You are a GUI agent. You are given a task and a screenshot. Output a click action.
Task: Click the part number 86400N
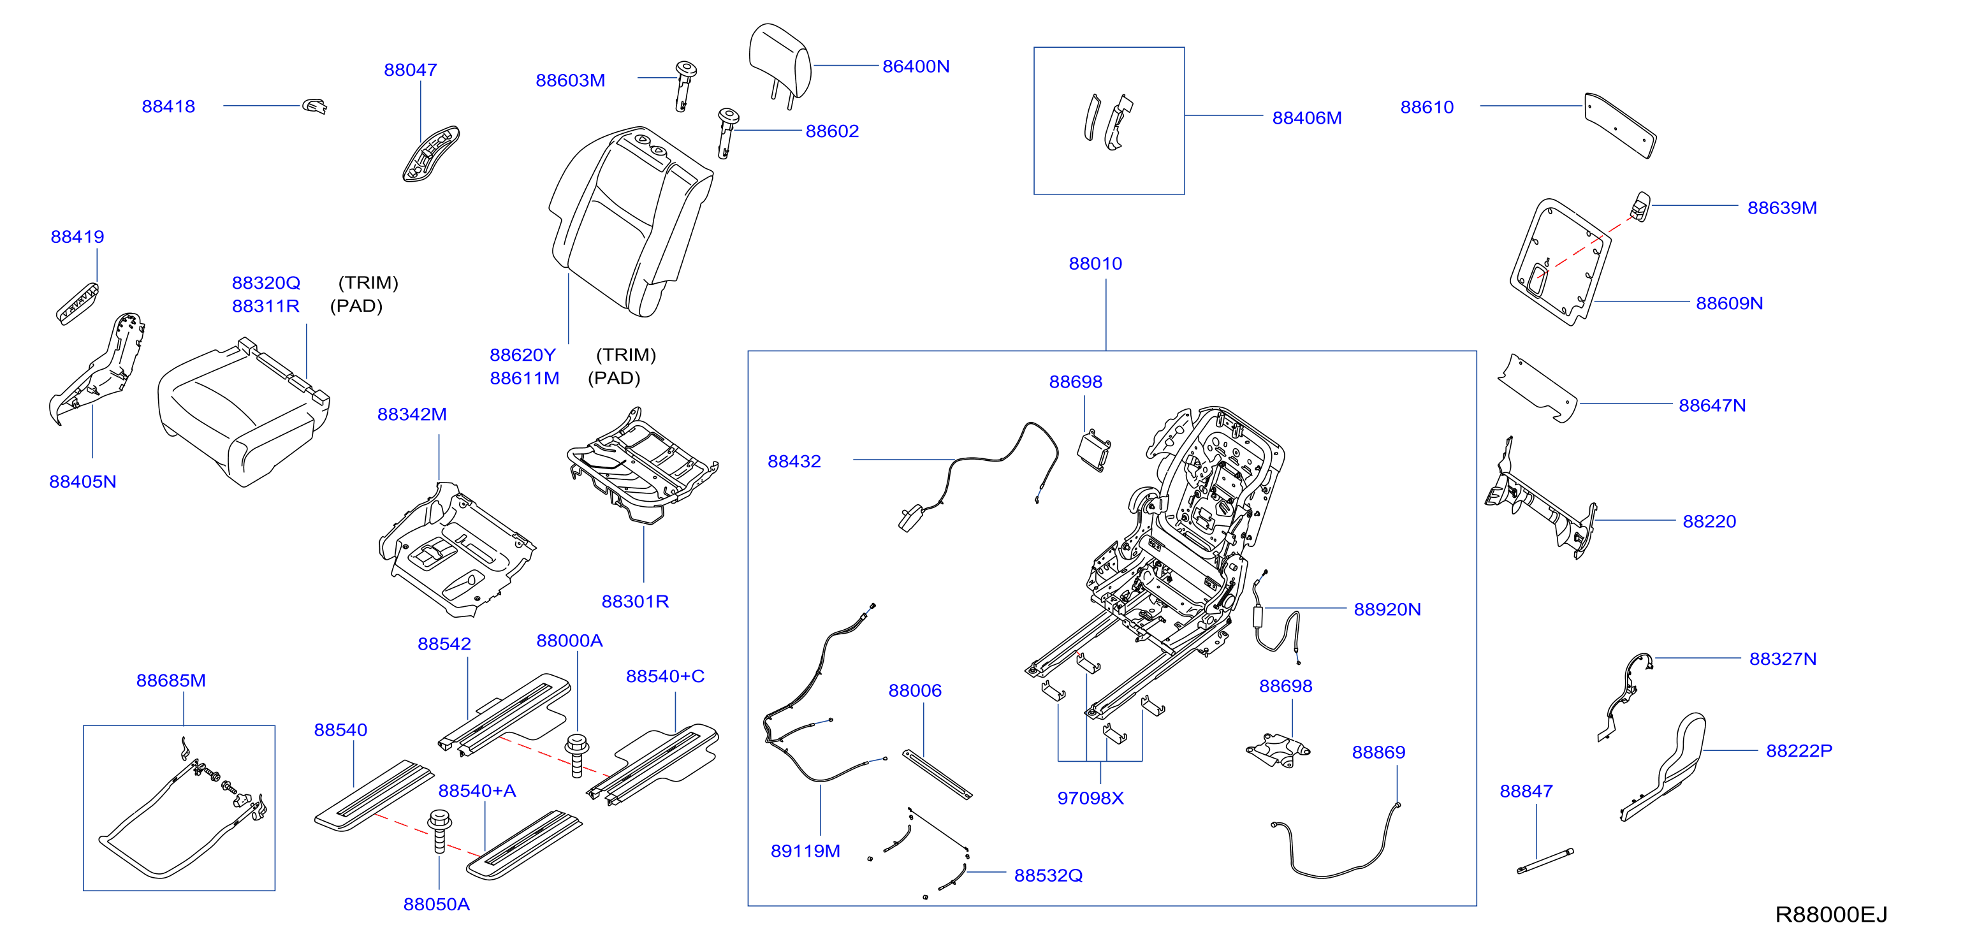(x=916, y=66)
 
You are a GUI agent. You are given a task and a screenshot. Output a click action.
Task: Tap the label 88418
(x=168, y=106)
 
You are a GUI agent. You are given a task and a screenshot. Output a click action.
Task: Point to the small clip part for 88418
(x=315, y=106)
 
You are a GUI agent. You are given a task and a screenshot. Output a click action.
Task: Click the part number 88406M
(x=1306, y=118)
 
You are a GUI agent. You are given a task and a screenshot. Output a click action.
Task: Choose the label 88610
(x=1427, y=107)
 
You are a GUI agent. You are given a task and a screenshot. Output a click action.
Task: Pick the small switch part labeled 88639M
(x=1640, y=207)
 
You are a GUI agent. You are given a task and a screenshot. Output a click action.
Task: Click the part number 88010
(x=1095, y=263)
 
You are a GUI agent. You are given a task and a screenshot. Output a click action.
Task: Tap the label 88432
(x=794, y=462)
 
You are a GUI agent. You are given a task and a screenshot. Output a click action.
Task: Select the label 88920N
(x=1387, y=609)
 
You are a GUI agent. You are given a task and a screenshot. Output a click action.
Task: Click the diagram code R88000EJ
(x=1831, y=914)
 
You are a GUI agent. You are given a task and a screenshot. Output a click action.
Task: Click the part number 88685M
(x=171, y=680)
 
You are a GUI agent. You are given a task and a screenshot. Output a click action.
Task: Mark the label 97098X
(x=1090, y=798)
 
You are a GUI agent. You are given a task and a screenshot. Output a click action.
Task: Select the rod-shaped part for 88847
(x=1545, y=861)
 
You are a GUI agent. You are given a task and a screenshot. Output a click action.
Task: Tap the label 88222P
(x=1799, y=750)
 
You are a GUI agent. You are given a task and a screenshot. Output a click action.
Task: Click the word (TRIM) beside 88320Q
(x=368, y=282)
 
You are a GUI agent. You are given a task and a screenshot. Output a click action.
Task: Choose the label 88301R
(x=635, y=602)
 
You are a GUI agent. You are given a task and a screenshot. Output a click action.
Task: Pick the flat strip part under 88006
(x=937, y=775)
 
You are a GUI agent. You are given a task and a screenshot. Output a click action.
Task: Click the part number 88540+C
(x=664, y=676)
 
